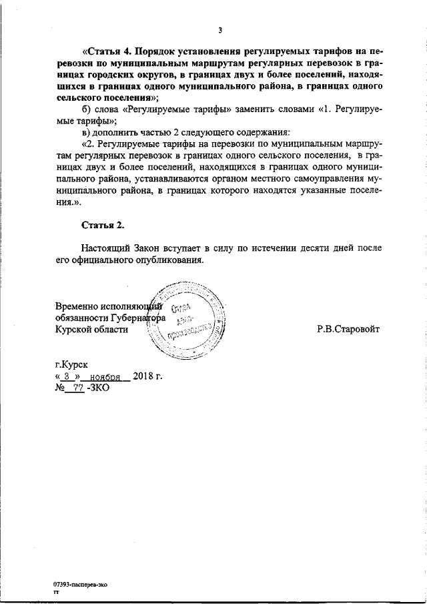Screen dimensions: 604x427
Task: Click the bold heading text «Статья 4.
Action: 107,51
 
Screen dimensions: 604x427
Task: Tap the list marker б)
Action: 86,109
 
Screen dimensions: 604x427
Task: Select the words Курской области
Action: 91,329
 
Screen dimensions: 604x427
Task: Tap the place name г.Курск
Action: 71,364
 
